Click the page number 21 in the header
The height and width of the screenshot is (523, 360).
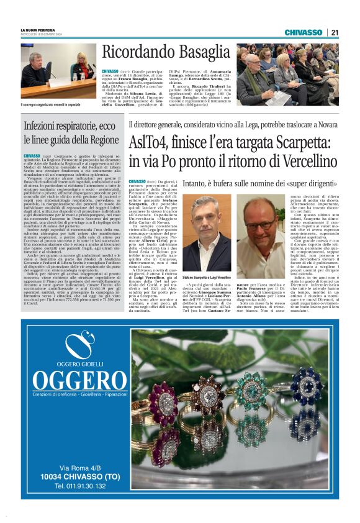click(335, 32)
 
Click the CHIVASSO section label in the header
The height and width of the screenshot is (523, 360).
click(304, 32)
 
